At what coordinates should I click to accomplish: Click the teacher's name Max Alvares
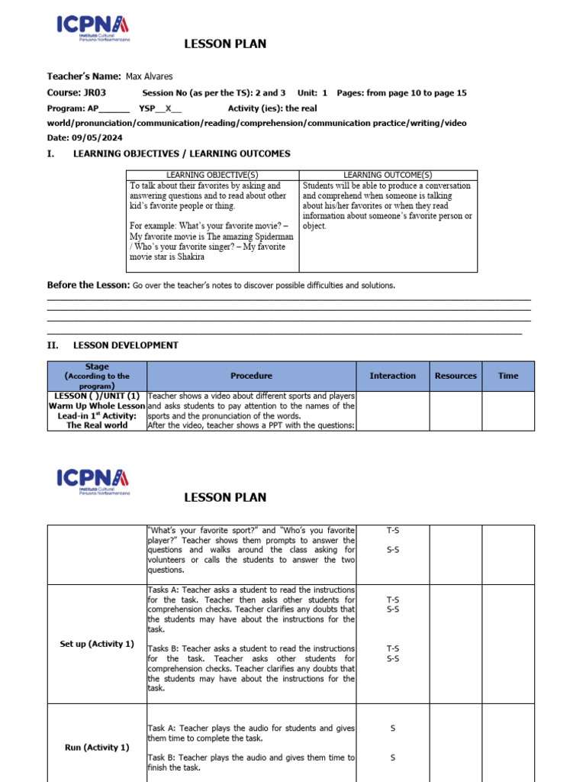tap(150, 76)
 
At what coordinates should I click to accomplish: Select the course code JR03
tap(95, 92)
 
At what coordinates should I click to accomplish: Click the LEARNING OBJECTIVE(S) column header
tap(212, 175)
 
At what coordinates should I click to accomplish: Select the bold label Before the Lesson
tap(89, 285)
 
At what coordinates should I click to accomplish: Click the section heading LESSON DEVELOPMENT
tap(125, 345)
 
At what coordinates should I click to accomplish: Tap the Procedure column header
tap(251, 376)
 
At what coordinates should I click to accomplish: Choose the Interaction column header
tap(392, 376)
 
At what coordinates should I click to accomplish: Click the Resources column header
tap(456, 376)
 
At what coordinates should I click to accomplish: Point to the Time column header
tap(507, 376)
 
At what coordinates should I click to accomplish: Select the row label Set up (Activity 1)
tap(96, 644)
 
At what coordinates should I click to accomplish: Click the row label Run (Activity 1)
tap(97, 747)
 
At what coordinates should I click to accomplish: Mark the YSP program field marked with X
tap(160, 108)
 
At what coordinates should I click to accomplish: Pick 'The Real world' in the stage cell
tap(97, 425)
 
